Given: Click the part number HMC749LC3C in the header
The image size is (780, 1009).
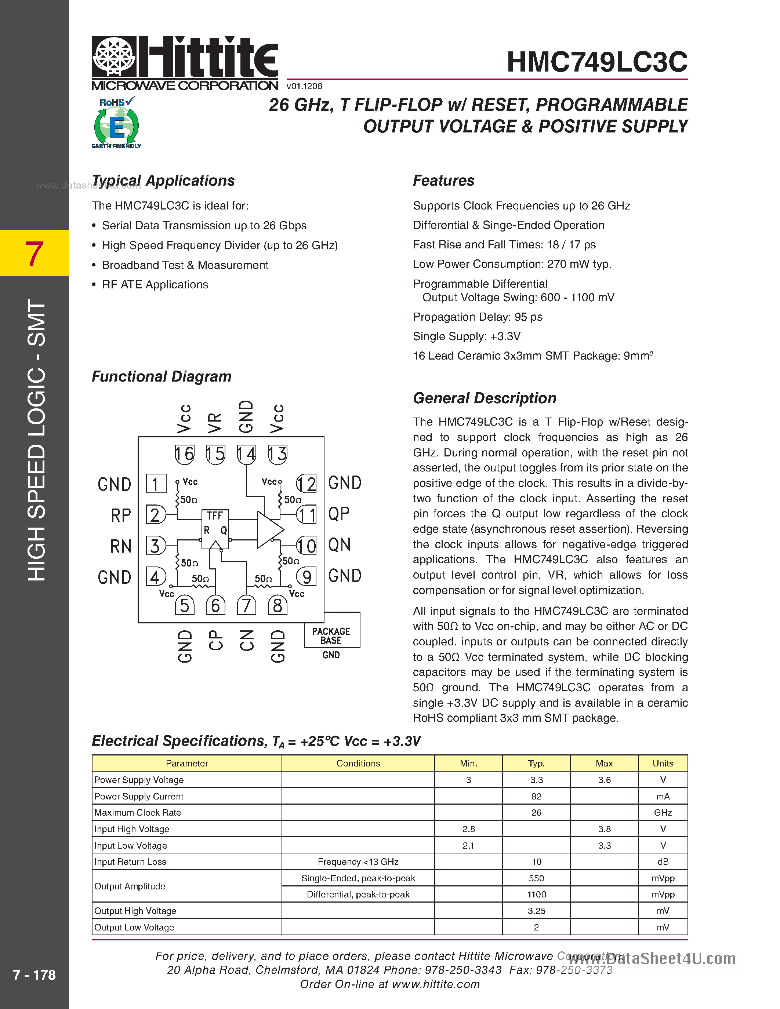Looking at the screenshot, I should click(596, 62).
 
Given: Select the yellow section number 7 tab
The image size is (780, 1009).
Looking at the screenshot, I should click(34, 253).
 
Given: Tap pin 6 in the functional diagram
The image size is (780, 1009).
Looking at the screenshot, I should click(215, 605).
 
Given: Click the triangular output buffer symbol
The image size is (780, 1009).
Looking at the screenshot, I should click(269, 529).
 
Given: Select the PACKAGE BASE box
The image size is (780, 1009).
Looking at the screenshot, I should click(331, 636).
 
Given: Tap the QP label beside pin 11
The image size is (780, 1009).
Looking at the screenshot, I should click(339, 514).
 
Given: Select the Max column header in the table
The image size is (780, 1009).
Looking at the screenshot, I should click(604, 763).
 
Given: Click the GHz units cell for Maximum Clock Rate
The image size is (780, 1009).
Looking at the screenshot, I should click(663, 812).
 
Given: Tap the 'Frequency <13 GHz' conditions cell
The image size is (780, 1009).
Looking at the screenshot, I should click(358, 862).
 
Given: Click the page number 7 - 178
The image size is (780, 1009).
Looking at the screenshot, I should click(34, 975).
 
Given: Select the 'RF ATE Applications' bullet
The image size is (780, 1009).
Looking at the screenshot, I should click(155, 285).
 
